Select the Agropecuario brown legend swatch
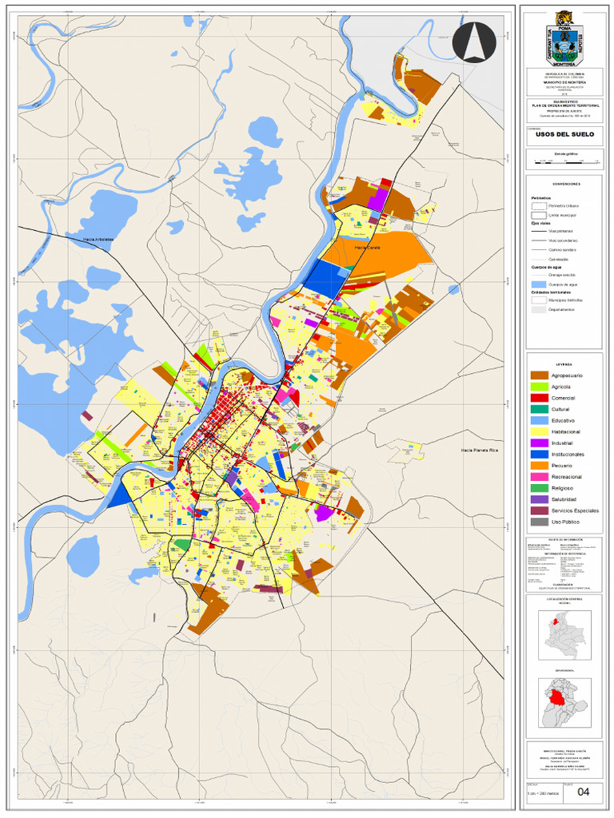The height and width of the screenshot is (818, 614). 540,375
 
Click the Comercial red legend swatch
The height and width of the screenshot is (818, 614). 540,398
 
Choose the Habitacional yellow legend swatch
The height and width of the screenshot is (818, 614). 540,431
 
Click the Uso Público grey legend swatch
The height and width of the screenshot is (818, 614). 540,522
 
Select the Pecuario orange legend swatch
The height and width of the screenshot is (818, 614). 540,465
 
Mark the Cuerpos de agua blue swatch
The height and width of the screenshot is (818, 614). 540,284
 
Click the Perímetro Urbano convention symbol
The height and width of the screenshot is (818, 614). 540,206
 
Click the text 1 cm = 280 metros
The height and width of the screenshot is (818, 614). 543,793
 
